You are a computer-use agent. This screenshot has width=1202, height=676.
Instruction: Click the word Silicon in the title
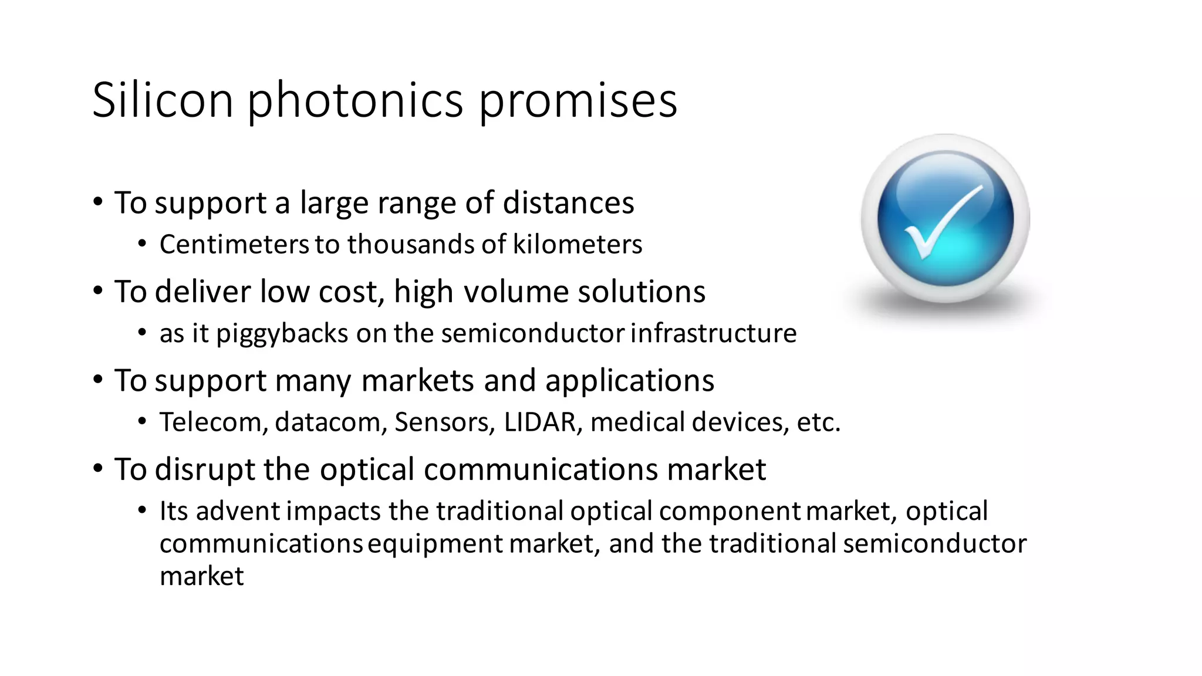click(163, 100)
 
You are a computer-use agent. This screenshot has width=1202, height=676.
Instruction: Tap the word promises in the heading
click(578, 100)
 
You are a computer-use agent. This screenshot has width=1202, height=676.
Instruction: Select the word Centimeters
click(234, 244)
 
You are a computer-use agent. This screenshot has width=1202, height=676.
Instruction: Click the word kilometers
click(578, 244)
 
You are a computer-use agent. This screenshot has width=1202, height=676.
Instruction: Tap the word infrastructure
click(714, 333)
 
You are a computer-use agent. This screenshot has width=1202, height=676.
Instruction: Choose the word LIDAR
click(539, 422)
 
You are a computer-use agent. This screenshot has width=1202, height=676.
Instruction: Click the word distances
click(568, 203)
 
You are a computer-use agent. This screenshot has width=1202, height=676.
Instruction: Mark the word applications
click(629, 381)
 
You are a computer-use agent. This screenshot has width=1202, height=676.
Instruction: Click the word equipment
click(435, 544)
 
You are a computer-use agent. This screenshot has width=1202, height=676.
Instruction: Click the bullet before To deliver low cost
click(98, 290)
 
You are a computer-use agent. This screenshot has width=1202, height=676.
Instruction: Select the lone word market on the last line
click(201, 576)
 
